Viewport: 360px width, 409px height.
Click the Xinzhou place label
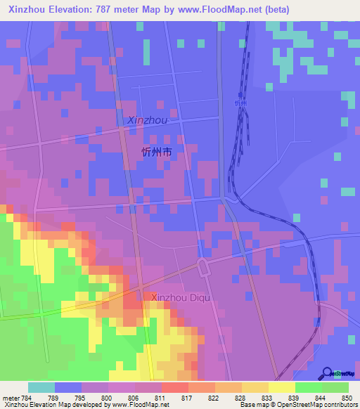pos(148,121)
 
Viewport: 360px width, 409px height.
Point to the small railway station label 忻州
pos(241,103)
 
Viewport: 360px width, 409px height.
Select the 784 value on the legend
pos(25,397)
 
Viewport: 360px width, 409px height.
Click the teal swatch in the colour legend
pos(41,387)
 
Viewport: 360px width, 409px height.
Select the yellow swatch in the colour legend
pos(281,387)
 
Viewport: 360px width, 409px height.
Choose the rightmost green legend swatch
pos(335,387)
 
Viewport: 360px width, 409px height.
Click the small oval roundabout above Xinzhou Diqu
pos(203,266)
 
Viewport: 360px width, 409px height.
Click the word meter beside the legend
pos(10,397)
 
